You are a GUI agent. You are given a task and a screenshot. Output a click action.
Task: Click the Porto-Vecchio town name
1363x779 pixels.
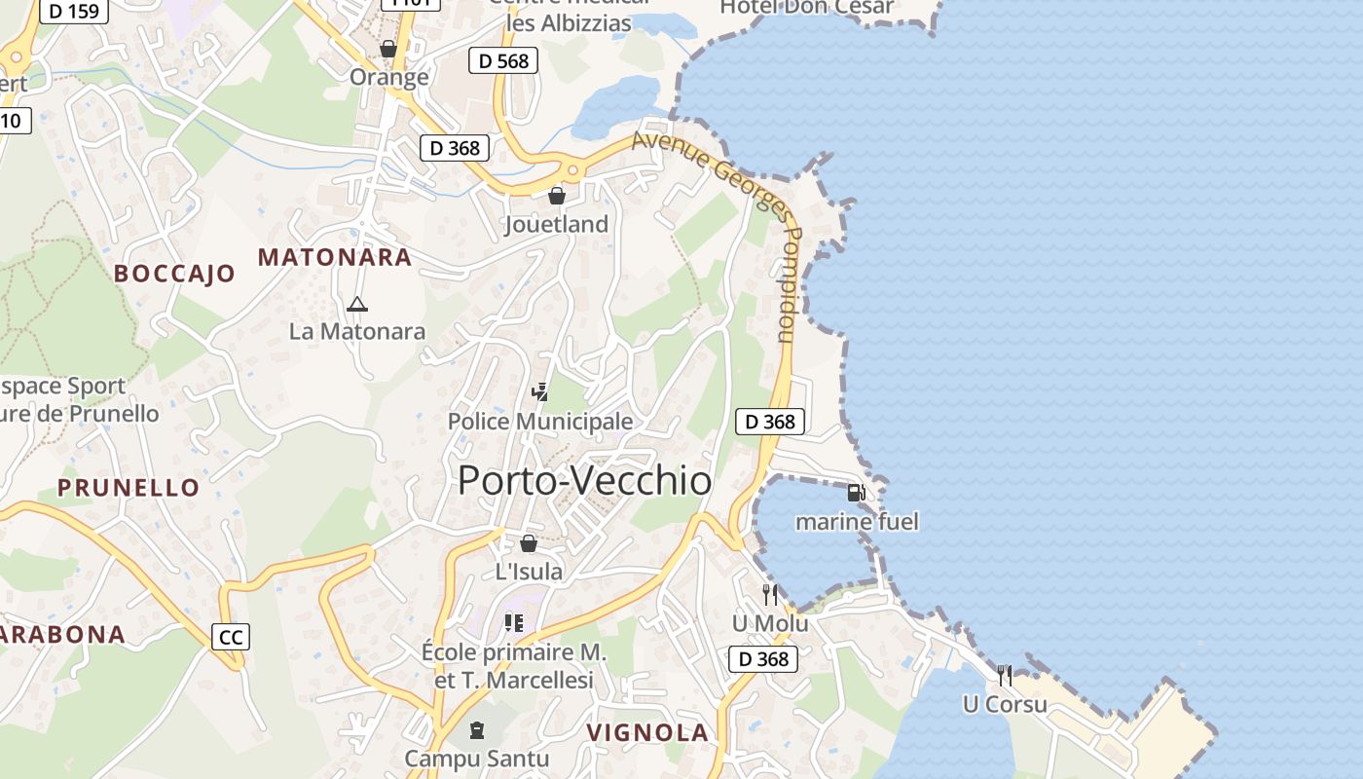click(x=584, y=480)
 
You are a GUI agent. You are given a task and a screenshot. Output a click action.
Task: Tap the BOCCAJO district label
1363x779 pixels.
click(x=174, y=273)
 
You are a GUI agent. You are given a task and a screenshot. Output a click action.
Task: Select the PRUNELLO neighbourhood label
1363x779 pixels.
click(x=129, y=487)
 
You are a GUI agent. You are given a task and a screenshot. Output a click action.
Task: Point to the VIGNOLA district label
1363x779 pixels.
click(x=647, y=732)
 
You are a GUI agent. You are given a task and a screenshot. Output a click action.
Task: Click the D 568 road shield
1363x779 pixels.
click(x=502, y=60)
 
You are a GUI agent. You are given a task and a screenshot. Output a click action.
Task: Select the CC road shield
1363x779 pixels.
click(x=231, y=637)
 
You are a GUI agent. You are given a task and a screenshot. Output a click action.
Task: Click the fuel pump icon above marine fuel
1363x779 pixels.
click(x=856, y=493)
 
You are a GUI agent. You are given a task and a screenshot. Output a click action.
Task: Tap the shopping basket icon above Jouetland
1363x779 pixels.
click(x=557, y=196)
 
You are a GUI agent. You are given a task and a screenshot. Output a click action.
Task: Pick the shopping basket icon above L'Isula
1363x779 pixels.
click(x=529, y=543)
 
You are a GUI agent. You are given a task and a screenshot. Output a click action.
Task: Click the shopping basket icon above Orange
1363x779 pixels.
click(x=388, y=49)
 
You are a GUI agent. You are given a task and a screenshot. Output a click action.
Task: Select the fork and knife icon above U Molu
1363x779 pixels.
click(x=770, y=594)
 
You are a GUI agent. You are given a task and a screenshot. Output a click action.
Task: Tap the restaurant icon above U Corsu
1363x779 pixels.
click(x=1005, y=675)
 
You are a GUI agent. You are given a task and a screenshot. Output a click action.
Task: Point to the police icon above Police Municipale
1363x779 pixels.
click(x=539, y=392)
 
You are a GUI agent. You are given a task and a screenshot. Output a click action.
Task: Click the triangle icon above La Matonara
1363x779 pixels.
click(x=357, y=304)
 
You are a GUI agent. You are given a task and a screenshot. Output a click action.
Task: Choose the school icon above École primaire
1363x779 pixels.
click(x=513, y=622)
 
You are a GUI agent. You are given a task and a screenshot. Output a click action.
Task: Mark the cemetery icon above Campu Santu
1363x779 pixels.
click(x=477, y=729)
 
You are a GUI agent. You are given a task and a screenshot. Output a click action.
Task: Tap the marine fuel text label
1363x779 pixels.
click(x=857, y=522)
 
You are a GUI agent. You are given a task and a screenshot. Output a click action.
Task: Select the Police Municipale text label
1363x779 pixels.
click(x=540, y=422)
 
